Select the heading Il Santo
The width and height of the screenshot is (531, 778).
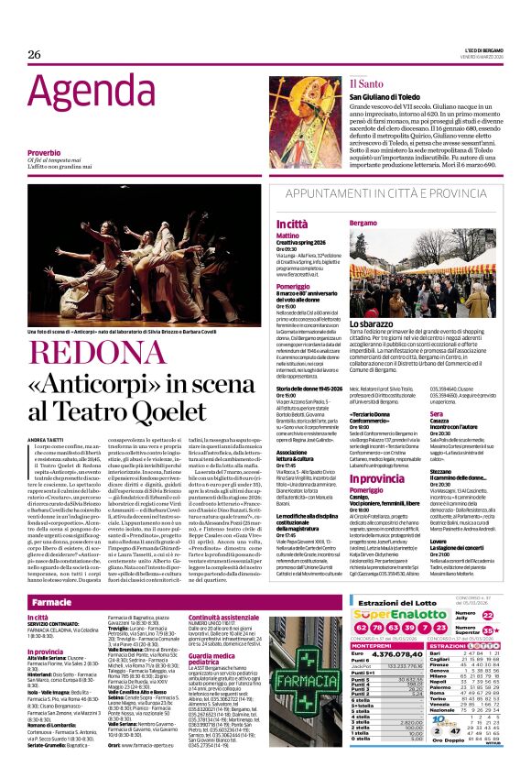tap(365, 82)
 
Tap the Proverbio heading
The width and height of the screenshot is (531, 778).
tap(43, 152)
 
